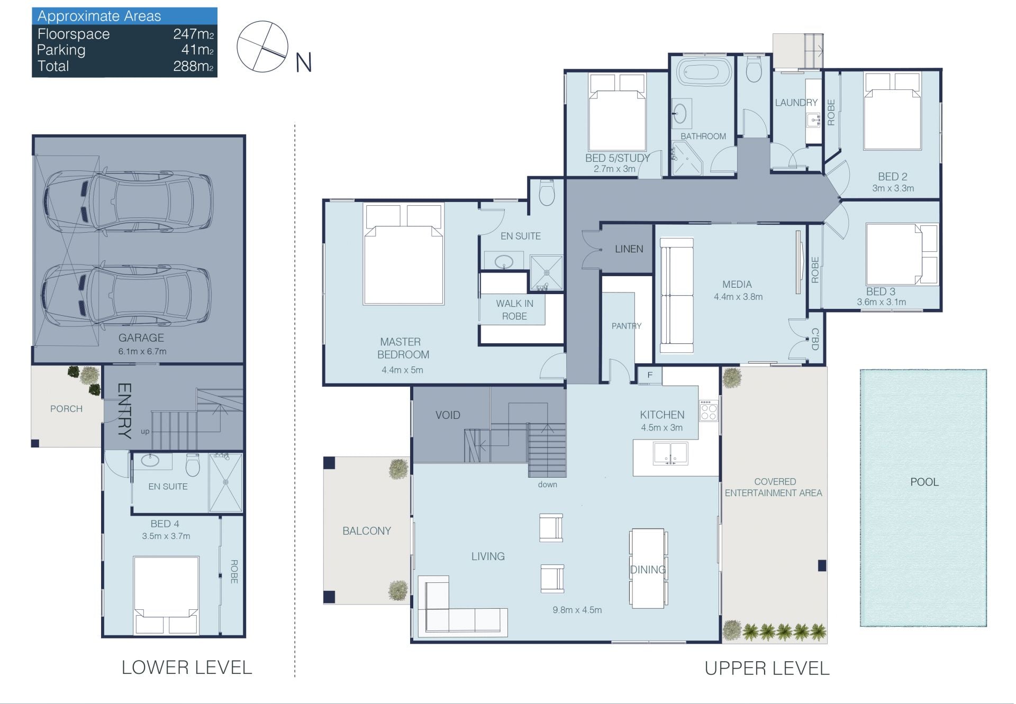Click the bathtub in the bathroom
click(704, 72)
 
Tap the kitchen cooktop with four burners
click(709, 410)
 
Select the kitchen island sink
click(670, 453)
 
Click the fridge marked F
click(650, 376)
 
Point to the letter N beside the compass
click(303, 63)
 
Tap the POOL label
click(924, 482)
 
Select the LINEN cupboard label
click(629, 249)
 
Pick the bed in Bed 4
click(166, 595)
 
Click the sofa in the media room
click(676, 295)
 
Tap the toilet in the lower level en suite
click(193, 464)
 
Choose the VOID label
click(448, 415)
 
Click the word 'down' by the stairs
click(547, 484)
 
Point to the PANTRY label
click(627, 326)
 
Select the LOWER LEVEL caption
click(187, 668)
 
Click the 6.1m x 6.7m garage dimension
click(142, 351)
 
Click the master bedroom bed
click(403, 254)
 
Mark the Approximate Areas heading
click(99, 16)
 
